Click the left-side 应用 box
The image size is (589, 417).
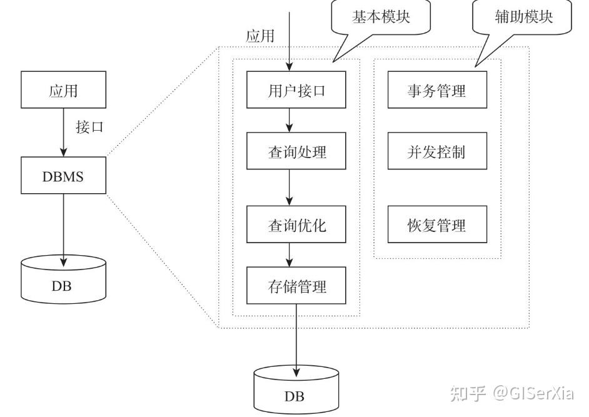click(x=63, y=90)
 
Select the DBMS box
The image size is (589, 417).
click(x=63, y=176)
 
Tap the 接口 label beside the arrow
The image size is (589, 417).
click(x=89, y=128)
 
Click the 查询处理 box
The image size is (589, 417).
click(x=296, y=151)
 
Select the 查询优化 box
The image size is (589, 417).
click(x=296, y=225)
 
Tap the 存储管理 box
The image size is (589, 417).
click(x=296, y=286)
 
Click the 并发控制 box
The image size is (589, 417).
click(x=436, y=151)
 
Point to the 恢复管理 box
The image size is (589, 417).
click(x=436, y=225)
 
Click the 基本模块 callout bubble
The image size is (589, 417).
click(x=380, y=18)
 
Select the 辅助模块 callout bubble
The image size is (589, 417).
click(x=523, y=18)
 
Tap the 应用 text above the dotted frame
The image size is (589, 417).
click(x=260, y=36)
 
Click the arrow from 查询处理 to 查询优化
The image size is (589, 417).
click(x=289, y=188)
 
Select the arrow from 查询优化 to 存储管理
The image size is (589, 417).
click(x=289, y=255)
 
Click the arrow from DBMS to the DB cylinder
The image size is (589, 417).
click(x=63, y=225)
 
